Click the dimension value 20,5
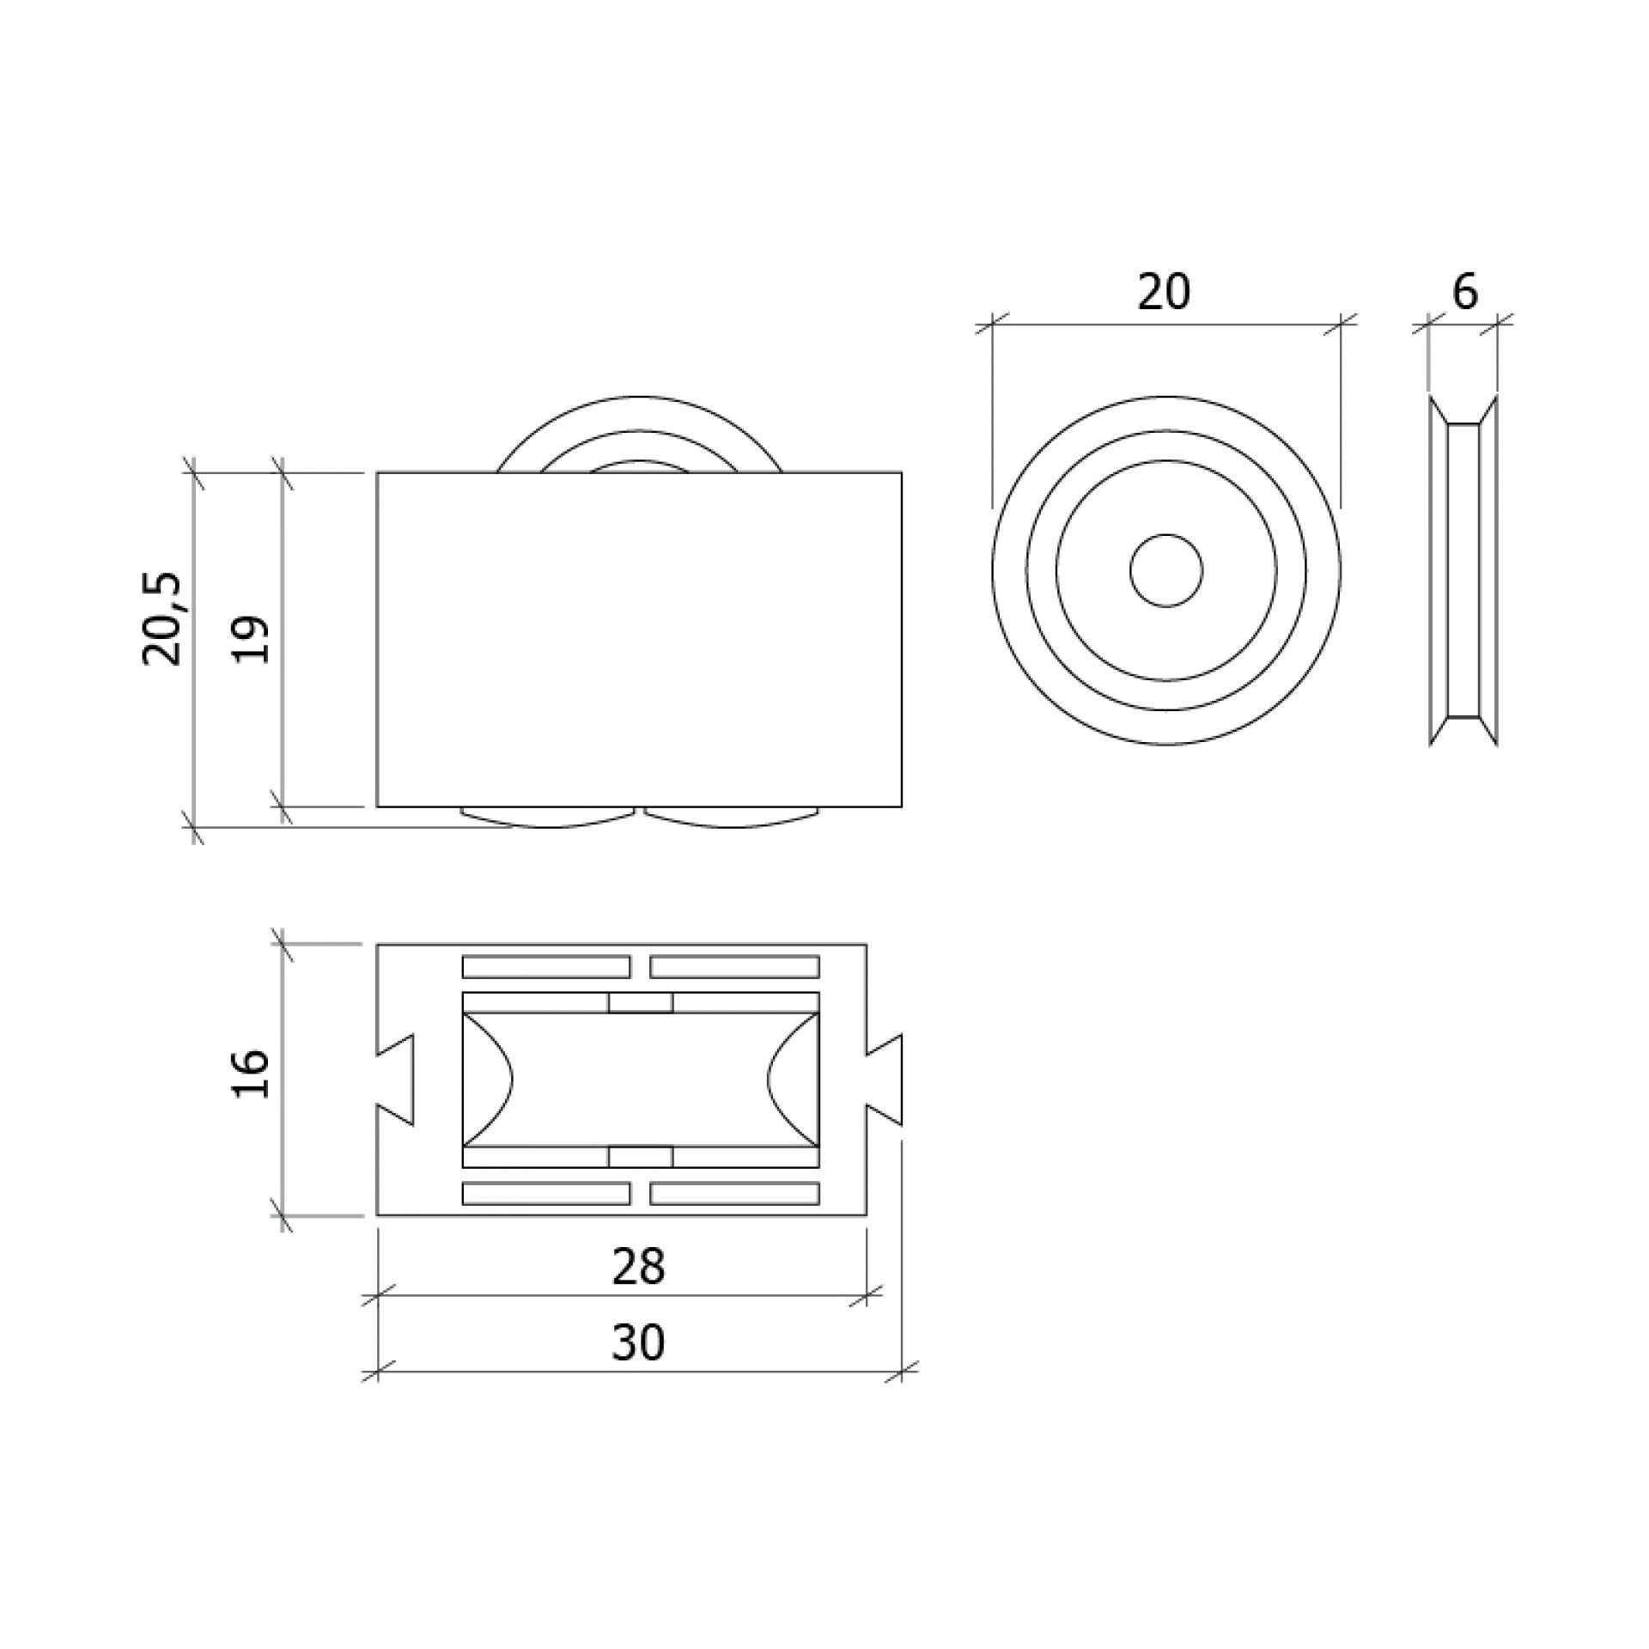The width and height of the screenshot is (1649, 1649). tap(162, 618)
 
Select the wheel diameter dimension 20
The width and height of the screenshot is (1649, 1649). tap(1164, 293)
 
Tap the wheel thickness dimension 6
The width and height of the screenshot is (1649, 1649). tap(1464, 293)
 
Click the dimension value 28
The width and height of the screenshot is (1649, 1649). tap(638, 1266)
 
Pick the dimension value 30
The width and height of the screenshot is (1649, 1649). tap(638, 1342)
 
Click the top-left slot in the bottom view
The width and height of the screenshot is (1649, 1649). tap(545, 967)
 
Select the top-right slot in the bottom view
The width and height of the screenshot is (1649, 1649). tap(734, 967)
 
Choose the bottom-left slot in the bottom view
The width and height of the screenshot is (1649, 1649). tap(545, 1194)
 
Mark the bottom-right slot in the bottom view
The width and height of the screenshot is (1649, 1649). tap(734, 1194)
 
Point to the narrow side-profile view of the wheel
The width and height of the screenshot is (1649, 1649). tap(1463, 571)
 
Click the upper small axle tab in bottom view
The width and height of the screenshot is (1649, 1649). tap(640, 1002)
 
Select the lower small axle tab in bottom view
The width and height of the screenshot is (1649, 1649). tap(640, 1158)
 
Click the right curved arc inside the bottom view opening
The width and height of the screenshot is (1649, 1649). tap(790, 1080)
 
